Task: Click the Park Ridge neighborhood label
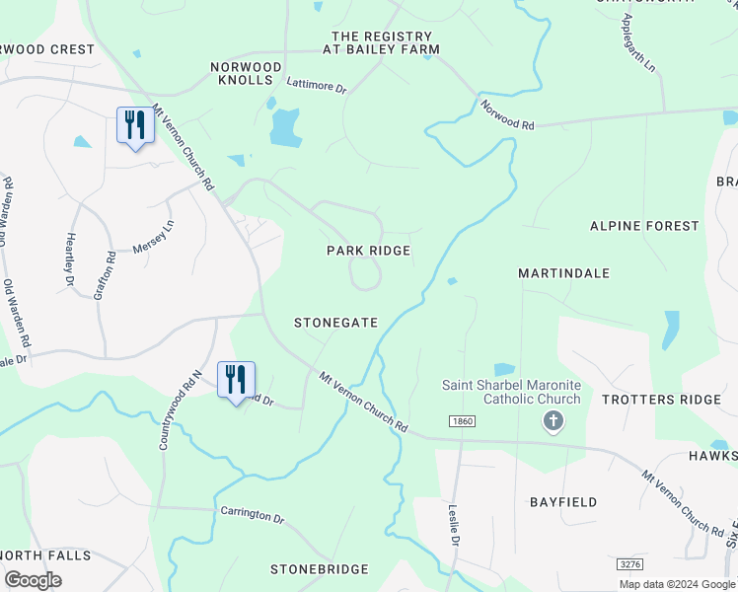pyautogui.click(x=368, y=252)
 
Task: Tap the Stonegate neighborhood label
pyautogui.click(x=336, y=323)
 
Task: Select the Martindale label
pyautogui.click(x=563, y=272)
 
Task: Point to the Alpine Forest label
pyautogui.click(x=644, y=226)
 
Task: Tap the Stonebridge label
pyautogui.click(x=320, y=569)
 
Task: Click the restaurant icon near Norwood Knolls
pyautogui.click(x=135, y=125)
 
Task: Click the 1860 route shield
pyautogui.click(x=462, y=421)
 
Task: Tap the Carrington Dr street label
pyautogui.click(x=252, y=517)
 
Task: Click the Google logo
pyautogui.click(x=32, y=580)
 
